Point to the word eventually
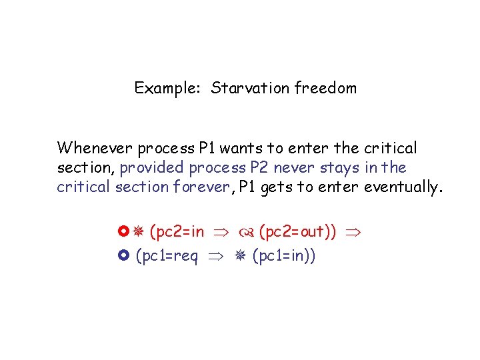pos(403,187)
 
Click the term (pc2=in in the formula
pos(177,232)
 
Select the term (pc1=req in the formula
pos(167,255)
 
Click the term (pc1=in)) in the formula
pos(284,255)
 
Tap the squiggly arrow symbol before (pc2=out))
pos(245,233)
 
